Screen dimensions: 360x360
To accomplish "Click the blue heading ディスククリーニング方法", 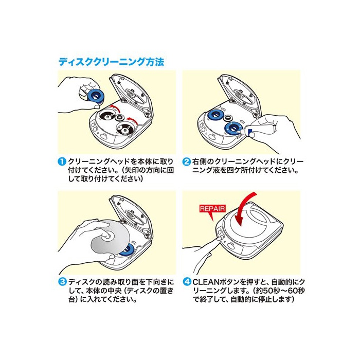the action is (x=112, y=62).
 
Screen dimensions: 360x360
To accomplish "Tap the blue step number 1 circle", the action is (x=62, y=161).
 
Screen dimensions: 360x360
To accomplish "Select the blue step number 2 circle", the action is (x=187, y=161).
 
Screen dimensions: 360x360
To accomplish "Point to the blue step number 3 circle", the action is (x=62, y=282).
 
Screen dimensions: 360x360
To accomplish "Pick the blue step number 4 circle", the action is (x=187, y=282).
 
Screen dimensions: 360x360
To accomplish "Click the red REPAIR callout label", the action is (x=212, y=209).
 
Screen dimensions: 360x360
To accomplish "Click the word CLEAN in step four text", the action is (x=206, y=282).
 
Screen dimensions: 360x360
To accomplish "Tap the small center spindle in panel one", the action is (x=119, y=118).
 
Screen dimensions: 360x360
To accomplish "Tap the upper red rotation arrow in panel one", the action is (x=116, y=107).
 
